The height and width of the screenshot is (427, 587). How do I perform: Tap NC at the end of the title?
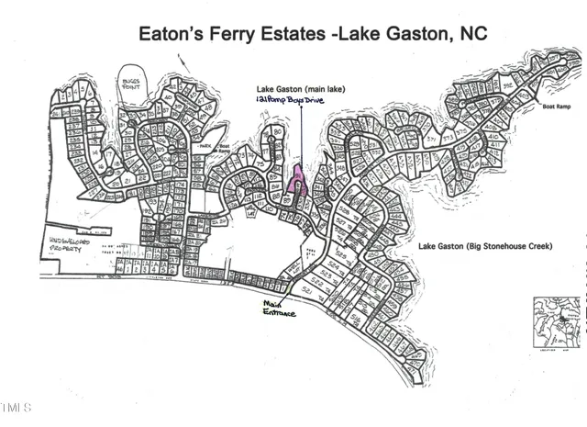[x=469, y=35]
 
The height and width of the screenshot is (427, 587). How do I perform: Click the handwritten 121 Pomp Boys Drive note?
[x=293, y=96]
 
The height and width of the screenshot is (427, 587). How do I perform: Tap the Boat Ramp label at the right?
[x=555, y=107]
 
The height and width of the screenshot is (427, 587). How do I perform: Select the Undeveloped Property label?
[x=73, y=243]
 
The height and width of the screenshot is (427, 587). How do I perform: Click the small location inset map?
[x=557, y=324]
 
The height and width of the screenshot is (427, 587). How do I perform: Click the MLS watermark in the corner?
[x=16, y=405]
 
